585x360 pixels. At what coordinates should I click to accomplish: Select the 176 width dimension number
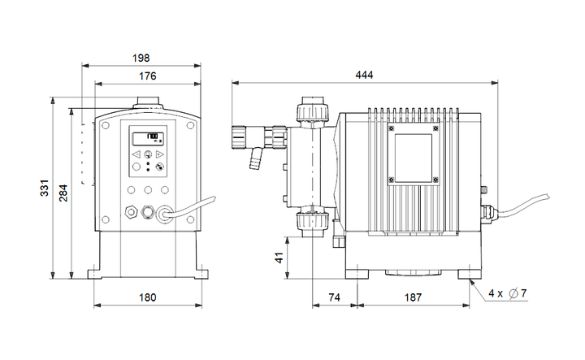click(x=146, y=76)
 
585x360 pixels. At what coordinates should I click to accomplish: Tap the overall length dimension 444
click(x=363, y=75)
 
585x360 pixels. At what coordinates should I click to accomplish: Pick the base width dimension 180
click(x=146, y=297)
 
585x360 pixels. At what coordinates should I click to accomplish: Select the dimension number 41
click(x=279, y=258)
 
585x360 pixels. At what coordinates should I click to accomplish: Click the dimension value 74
click(x=333, y=297)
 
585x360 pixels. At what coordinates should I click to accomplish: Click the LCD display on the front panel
click(x=147, y=137)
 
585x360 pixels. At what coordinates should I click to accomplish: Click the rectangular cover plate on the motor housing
click(x=413, y=154)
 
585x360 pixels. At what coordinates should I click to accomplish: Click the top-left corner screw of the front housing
click(x=104, y=126)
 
